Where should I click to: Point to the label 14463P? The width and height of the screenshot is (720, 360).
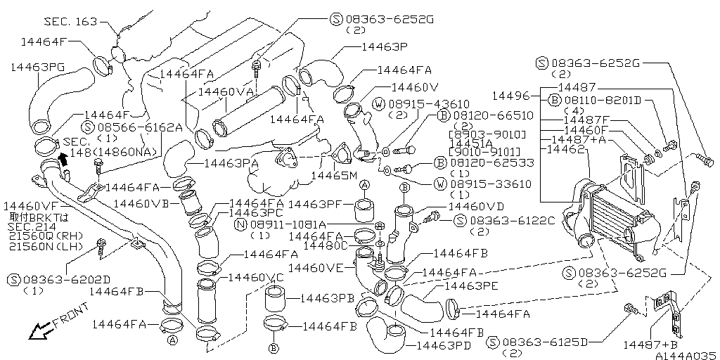385,49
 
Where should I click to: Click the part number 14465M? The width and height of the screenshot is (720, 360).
335,175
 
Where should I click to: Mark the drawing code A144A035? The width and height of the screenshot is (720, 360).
685,355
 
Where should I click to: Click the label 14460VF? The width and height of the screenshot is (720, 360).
32,206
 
